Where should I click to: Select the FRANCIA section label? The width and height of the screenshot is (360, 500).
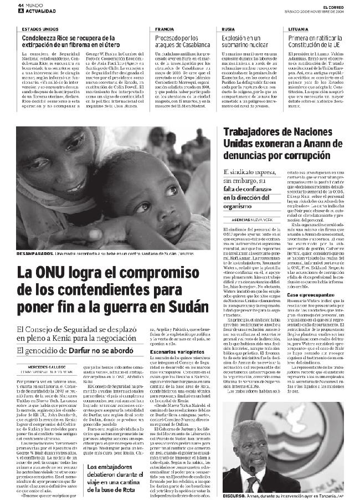(164, 28)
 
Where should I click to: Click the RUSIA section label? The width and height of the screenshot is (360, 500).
(227, 28)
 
